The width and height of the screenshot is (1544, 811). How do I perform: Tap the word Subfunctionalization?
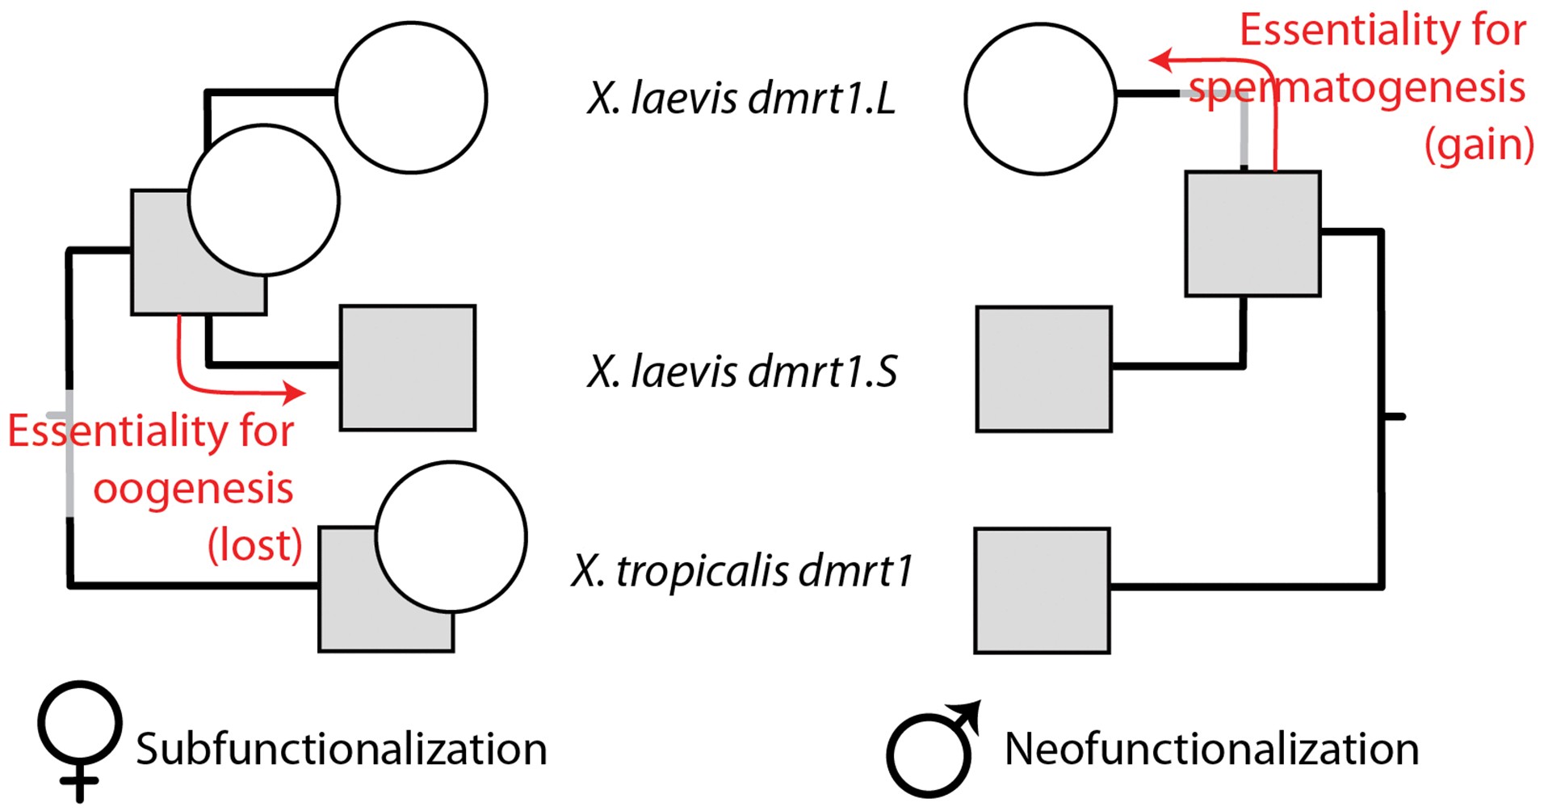(x=341, y=749)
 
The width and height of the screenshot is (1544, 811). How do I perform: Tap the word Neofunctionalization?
(x=1211, y=749)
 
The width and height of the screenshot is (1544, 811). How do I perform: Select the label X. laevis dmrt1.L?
(x=741, y=99)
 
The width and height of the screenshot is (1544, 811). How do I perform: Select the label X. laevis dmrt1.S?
(x=741, y=372)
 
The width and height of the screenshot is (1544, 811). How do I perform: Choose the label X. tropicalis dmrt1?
(x=741, y=571)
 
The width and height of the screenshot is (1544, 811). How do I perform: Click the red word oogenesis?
(x=193, y=489)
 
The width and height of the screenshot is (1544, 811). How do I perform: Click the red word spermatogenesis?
(x=1357, y=87)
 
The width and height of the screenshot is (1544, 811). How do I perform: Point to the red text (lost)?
(x=255, y=545)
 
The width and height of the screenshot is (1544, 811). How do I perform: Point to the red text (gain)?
(x=1479, y=145)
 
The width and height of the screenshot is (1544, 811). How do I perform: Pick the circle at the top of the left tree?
(x=411, y=98)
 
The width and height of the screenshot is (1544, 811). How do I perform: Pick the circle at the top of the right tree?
(x=1040, y=99)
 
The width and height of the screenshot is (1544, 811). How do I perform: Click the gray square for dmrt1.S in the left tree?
(x=408, y=368)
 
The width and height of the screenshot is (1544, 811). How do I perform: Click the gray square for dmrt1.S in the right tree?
(x=1043, y=369)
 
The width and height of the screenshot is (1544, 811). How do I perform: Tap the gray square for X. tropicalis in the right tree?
(x=1042, y=590)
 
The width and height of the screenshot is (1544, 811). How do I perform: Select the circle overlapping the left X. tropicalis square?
(x=451, y=537)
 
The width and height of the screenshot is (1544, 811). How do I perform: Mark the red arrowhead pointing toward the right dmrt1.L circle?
(x=1158, y=60)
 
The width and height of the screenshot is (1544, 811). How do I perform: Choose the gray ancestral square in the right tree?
(x=1252, y=233)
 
